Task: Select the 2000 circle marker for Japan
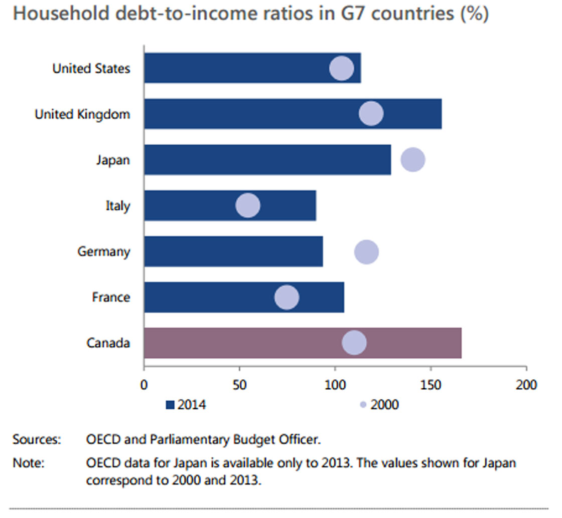(413, 160)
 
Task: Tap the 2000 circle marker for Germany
(366, 251)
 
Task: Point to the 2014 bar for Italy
(201, 206)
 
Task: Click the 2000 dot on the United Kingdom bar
(371, 114)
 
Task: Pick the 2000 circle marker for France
(287, 297)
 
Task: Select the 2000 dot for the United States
(342, 68)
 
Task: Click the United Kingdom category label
(82, 114)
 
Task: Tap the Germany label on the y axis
(103, 251)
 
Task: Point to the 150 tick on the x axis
(431, 385)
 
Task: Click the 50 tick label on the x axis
(239, 385)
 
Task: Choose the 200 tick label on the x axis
(526, 385)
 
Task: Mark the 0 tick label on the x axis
(144, 385)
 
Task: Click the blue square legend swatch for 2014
(170, 405)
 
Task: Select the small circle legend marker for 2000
(363, 405)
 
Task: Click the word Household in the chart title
(57, 14)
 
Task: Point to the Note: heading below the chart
(29, 463)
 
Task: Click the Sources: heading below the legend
(37, 440)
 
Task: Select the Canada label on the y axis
(108, 343)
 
